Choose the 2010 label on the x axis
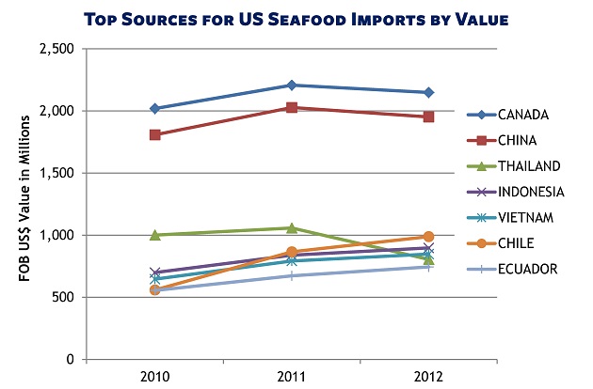(155, 375)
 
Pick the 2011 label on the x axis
(292, 375)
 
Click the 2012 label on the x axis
(428, 375)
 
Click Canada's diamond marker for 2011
(292, 86)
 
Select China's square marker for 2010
(155, 135)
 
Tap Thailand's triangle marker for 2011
(292, 227)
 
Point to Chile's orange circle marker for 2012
(428, 237)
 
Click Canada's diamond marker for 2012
(428, 92)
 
